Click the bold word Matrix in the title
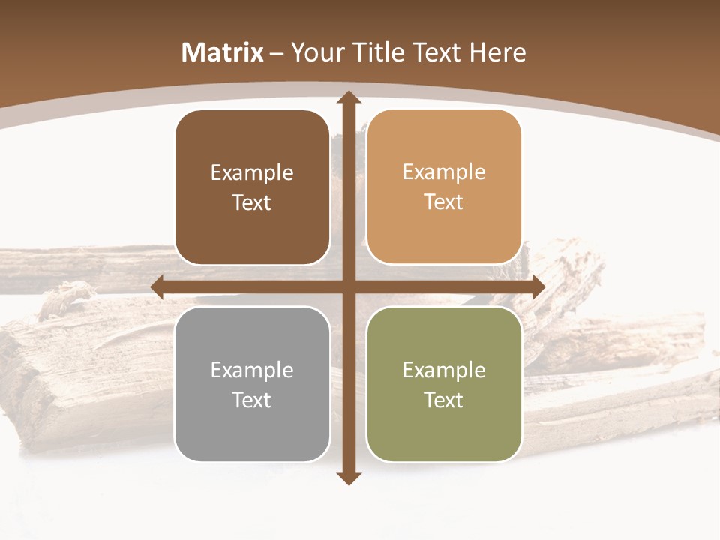[x=223, y=52]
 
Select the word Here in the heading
[x=497, y=52]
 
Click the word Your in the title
[x=315, y=52]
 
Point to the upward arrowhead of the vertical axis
[x=348, y=97]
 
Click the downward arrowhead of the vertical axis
[x=348, y=478]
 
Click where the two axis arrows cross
[x=348, y=286]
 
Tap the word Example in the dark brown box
[x=252, y=173]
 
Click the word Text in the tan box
[x=444, y=202]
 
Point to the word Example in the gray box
[x=252, y=370]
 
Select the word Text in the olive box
[x=444, y=400]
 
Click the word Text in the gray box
[x=252, y=400]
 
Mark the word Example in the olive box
[x=444, y=370]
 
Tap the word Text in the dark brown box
[x=252, y=203]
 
